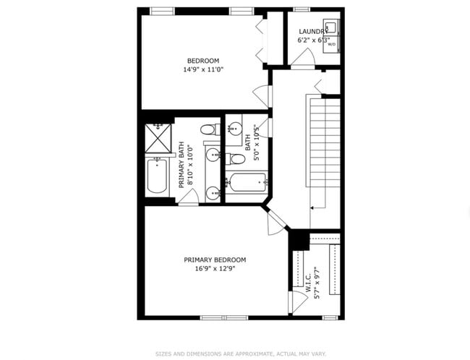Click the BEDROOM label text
click(x=202, y=61)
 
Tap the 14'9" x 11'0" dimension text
click(x=202, y=70)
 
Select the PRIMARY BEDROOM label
click(x=215, y=260)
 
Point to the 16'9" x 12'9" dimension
click(x=215, y=269)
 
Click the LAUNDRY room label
click(x=313, y=32)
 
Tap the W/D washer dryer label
click(x=332, y=44)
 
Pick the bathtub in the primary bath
click(x=158, y=176)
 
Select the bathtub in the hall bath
click(x=247, y=182)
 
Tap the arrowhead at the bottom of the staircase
click(x=311, y=207)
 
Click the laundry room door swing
click(x=302, y=61)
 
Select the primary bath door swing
click(x=186, y=198)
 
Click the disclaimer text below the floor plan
click(x=241, y=353)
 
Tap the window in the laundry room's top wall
click(x=302, y=9)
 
